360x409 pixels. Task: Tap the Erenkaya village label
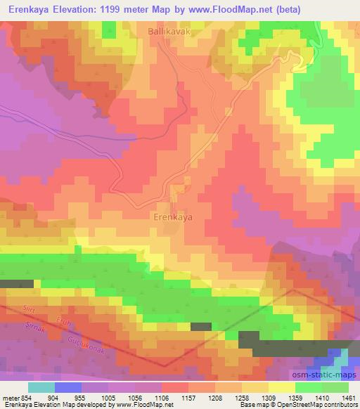click(173, 218)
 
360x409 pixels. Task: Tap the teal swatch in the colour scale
click(41, 387)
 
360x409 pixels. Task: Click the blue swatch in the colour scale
click(67, 387)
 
